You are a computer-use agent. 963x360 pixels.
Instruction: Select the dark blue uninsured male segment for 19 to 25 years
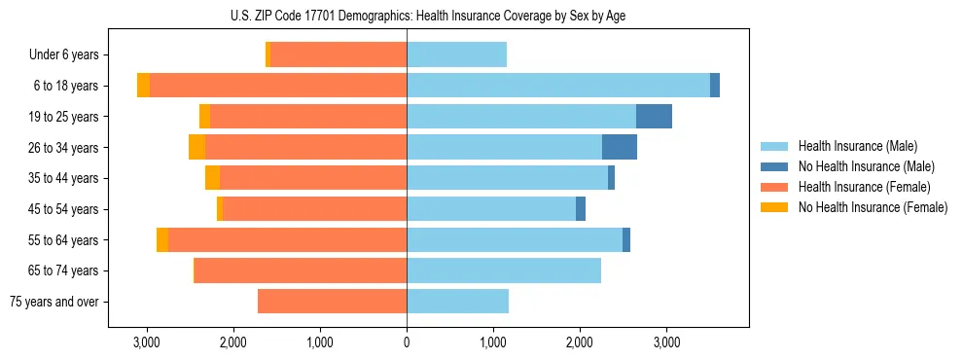pyautogui.click(x=654, y=117)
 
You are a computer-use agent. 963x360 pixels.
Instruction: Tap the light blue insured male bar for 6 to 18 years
pyautogui.click(x=558, y=86)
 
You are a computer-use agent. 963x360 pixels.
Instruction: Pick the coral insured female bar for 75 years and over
pyautogui.click(x=332, y=302)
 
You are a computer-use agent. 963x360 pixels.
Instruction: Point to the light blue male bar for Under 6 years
pyautogui.click(x=456, y=55)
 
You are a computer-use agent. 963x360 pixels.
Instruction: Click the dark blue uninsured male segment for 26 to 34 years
pyautogui.click(x=620, y=147)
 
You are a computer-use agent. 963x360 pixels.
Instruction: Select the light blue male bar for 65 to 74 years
pyautogui.click(x=504, y=270)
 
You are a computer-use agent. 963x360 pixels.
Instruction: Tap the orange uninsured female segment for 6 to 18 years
pyautogui.click(x=143, y=86)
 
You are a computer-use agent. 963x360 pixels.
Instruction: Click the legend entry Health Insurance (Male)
pyautogui.click(x=857, y=146)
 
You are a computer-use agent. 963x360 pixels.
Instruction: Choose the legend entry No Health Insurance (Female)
pyautogui.click(x=873, y=207)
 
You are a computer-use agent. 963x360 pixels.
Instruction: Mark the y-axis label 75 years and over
pyautogui.click(x=54, y=302)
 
